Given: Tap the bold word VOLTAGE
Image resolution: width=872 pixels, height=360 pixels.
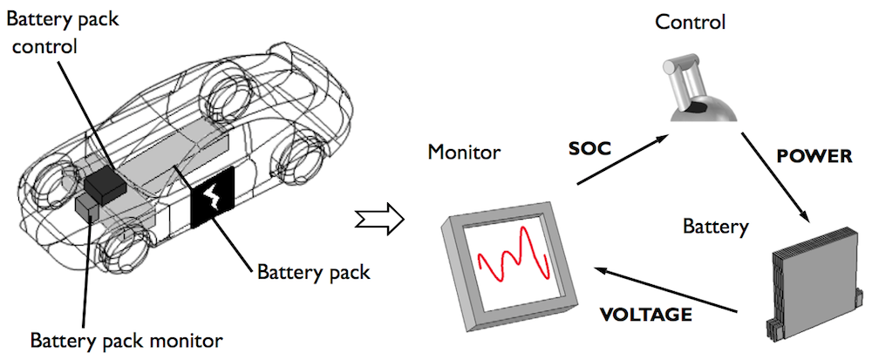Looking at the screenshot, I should point(647,313).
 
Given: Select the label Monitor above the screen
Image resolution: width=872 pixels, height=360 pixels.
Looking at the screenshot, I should point(464,153).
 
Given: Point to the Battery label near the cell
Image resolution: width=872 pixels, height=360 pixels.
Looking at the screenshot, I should point(716,228).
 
